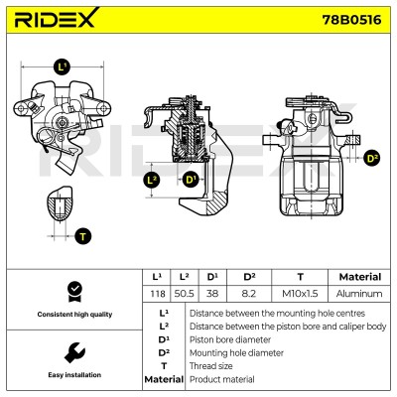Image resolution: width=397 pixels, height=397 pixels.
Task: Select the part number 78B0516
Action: click(351, 20)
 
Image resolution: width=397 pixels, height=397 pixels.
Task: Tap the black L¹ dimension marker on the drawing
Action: click(63, 67)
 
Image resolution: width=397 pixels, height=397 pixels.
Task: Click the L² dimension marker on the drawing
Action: click(152, 181)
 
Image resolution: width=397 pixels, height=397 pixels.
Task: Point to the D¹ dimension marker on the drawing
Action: click(191, 181)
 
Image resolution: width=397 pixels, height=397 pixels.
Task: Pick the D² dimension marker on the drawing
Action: click(372, 158)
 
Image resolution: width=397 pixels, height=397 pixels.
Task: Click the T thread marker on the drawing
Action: click(82, 236)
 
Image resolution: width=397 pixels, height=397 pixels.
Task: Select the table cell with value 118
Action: click(157, 294)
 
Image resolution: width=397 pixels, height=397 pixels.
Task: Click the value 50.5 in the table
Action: click(184, 294)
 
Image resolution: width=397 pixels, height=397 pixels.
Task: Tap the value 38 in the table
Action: click(212, 294)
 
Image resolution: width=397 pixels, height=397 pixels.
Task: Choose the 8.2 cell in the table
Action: click(249, 294)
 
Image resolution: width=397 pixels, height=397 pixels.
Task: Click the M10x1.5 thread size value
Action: click(300, 294)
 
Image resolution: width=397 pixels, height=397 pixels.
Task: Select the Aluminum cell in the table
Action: click(359, 294)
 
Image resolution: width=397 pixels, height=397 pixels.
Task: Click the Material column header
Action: click(360, 277)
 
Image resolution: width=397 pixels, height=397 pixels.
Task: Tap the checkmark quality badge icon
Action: click(74, 292)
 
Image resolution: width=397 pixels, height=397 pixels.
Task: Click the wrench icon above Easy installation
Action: click(74, 352)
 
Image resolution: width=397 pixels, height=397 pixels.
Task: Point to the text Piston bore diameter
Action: click(230, 339)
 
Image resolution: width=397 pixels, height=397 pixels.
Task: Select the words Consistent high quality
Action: click(74, 315)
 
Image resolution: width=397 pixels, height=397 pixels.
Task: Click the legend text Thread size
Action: click(210, 366)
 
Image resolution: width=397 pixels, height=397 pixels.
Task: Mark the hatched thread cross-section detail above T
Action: click(60, 203)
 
